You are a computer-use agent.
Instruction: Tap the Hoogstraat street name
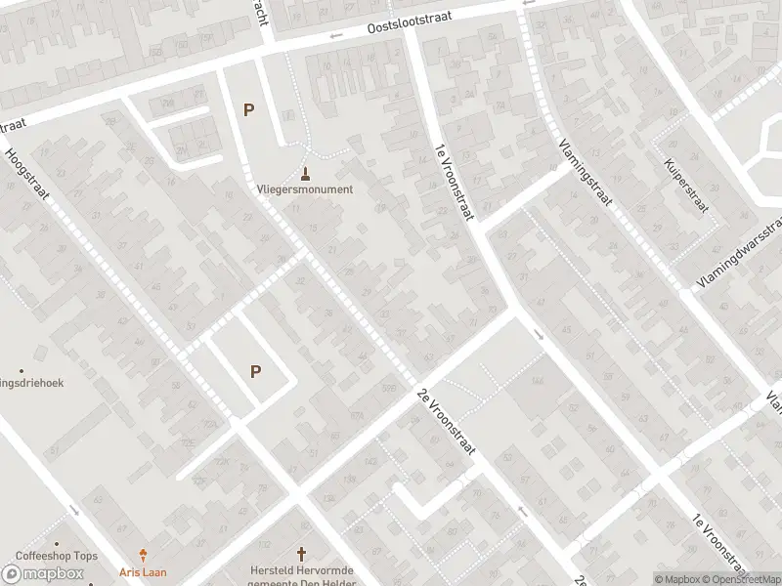pos(27,173)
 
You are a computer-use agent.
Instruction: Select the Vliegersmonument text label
pos(305,189)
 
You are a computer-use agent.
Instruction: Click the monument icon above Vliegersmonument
pos(306,174)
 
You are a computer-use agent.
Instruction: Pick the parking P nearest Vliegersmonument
pos(248,110)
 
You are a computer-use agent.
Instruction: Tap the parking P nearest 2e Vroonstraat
pos(256,371)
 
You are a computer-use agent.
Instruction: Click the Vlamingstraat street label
pos(586,172)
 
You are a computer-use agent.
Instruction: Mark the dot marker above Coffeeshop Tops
pos(57,544)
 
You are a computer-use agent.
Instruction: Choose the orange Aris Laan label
pos(145,571)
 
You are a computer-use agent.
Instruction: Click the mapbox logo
pos(43,574)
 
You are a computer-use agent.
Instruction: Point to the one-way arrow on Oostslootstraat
pos(336,36)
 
